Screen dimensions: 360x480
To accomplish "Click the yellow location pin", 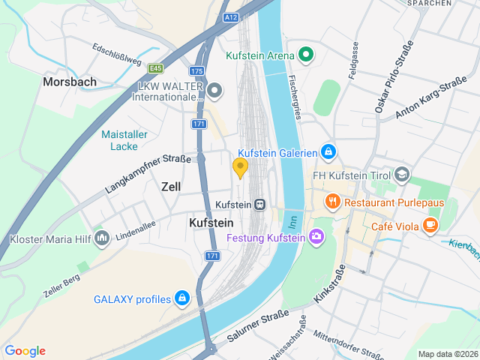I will click(240, 168).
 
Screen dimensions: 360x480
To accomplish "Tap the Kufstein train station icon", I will click(259, 204).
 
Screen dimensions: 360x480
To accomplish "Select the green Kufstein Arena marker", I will click(304, 55).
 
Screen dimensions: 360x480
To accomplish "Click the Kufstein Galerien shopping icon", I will click(328, 152).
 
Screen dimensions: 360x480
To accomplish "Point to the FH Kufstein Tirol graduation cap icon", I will click(402, 175).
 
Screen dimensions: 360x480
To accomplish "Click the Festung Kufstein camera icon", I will click(316, 238).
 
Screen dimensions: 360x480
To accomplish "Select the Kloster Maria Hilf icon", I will click(103, 239).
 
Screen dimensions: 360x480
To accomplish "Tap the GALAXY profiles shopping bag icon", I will click(181, 298).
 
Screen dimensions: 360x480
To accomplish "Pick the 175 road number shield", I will click(197, 71).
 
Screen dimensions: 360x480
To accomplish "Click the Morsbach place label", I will click(69, 81).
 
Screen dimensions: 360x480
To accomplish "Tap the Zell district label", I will click(171, 186).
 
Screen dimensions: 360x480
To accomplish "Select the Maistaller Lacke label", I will click(124, 140).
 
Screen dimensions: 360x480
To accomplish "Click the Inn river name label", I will click(293, 221).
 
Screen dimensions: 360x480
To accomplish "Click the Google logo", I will click(25, 351).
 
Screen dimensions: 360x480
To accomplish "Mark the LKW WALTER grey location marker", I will click(215, 91).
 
